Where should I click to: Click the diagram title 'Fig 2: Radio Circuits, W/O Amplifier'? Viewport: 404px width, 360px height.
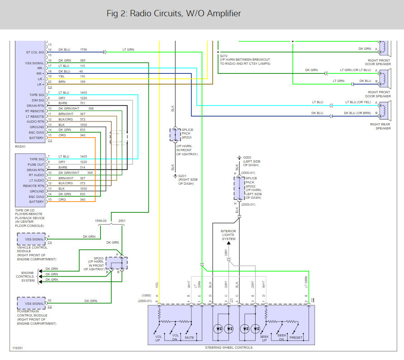[x=174, y=14]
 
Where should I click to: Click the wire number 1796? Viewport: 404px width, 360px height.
[x=83, y=49]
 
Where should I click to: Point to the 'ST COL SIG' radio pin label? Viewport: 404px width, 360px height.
[x=34, y=52]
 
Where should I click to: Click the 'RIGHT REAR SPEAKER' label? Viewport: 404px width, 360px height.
[x=380, y=126]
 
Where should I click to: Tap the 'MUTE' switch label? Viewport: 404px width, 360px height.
[x=190, y=337]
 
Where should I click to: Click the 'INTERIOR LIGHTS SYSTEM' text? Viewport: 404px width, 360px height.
[x=228, y=235]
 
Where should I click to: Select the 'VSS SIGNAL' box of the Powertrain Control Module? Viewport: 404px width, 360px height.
[x=31, y=302]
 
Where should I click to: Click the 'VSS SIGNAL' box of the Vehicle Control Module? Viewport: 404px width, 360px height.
[x=31, y=239]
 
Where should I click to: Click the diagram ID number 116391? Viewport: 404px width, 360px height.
[x=18, y=349]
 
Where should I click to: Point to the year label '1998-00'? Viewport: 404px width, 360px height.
[x=101, y=221]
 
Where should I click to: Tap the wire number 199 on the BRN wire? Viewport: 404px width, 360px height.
[x=82, y=82]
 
